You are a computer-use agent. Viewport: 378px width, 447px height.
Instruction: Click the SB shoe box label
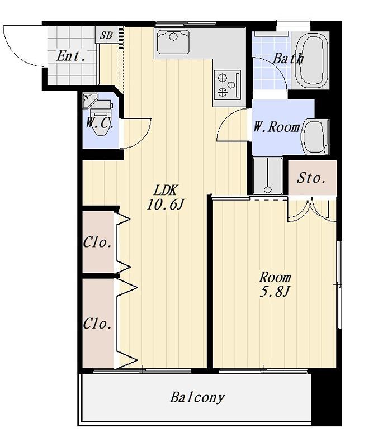(106, 35)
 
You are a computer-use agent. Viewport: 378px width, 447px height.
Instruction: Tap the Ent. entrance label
(70, 56)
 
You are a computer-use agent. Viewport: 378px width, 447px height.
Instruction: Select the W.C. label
(100, 123)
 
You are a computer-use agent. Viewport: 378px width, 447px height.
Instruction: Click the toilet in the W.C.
(102, 116)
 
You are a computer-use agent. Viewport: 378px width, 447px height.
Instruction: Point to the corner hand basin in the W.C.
(89, 101)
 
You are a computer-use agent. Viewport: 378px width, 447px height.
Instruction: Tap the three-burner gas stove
(228, 84)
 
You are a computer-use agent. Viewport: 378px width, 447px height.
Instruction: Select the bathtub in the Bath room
(311, 59)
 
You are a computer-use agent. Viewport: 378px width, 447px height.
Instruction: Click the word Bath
(288, 59)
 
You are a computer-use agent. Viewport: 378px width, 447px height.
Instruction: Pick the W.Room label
(276, 127)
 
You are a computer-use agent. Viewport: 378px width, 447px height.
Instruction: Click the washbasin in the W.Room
(315, 136)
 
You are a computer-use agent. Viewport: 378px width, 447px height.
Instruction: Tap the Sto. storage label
(311, 178)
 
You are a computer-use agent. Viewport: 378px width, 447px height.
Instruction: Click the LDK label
(166, 190)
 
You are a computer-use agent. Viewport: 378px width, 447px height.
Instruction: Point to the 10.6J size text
(166, 204)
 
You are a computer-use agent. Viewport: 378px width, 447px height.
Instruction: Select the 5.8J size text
(275, 292)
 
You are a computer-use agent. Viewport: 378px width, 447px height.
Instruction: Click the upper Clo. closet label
(97, 243)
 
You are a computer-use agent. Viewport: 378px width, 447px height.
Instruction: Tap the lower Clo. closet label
(97, 324)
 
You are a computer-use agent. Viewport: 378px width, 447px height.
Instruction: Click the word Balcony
(197, 397)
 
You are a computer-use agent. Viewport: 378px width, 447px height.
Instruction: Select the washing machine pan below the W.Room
(268, 176)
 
